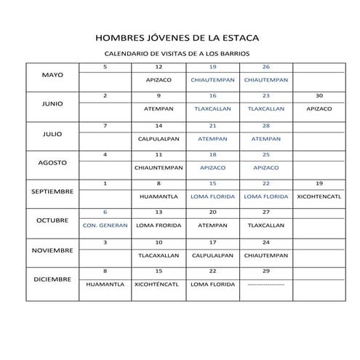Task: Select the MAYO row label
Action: (52, 75)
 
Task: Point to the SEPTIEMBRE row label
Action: (52, 191)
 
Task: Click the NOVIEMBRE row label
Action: (52, 249)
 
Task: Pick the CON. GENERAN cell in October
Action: (105, 225)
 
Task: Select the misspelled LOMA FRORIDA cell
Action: (159, 225)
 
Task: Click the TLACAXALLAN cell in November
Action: (159, 255)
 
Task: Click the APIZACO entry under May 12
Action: (159, 80)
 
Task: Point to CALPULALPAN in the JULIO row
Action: (159, 138)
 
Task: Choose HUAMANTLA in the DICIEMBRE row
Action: (105, 284)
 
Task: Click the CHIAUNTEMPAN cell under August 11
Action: (159, 167)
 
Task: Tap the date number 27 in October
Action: (265, 212)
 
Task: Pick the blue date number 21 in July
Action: (212, 126)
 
